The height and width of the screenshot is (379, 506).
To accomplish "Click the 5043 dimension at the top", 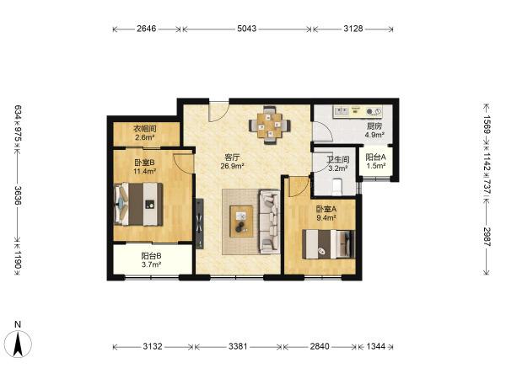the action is tap(247, 29).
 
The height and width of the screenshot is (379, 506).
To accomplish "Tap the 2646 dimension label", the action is tap(147, 29).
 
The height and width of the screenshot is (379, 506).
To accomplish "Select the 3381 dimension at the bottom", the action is tap(238, 346).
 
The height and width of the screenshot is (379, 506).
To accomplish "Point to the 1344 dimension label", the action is tap(376, 346).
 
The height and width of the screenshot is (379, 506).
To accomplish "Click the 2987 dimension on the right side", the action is tap(487, 237).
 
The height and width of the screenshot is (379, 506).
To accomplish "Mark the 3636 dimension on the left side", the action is tap(18, 195).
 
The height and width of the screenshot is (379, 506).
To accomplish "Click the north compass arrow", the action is tap(18, 344).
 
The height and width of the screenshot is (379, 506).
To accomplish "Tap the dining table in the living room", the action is tap(270, 125).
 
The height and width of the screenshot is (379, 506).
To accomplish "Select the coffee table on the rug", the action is tap(241, 222).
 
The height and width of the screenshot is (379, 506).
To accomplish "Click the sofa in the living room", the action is tap(269, 221).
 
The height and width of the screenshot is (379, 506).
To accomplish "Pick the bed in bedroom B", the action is tap(138, 205).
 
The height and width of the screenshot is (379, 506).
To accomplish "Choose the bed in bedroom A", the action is tap(328, 244).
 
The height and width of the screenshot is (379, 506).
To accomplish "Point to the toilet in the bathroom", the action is tap(336, 187).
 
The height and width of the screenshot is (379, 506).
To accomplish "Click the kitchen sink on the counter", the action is tap(341, 111).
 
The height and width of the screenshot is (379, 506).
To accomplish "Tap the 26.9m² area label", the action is tap(232, 166).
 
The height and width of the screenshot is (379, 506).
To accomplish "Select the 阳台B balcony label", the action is tap(151, 256).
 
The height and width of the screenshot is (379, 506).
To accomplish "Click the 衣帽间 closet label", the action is tap(145, 129).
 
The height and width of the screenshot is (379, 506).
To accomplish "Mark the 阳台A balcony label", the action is tap(375, 157).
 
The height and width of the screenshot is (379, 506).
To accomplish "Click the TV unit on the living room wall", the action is tap(200, 223).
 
